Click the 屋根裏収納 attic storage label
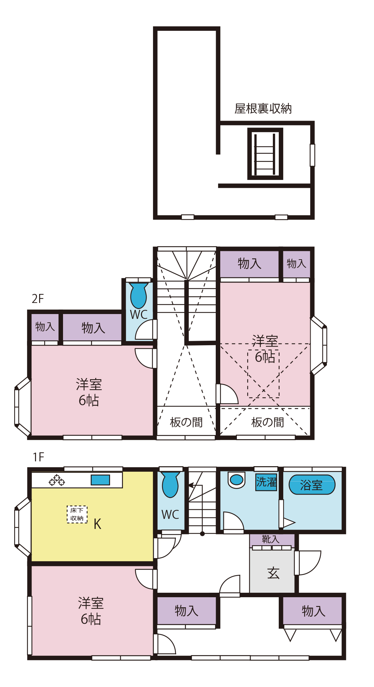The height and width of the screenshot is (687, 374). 263,109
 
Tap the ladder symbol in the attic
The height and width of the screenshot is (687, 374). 265,154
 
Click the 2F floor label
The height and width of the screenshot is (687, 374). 37,298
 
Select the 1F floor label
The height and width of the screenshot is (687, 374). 38,457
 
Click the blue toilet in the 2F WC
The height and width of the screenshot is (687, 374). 139,295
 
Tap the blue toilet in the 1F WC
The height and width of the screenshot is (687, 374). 170,484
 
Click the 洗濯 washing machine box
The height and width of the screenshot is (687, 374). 266,482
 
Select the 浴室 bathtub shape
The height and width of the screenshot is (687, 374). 312,485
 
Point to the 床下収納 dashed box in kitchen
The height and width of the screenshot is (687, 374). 77,514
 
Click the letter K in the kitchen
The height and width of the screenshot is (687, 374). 97,524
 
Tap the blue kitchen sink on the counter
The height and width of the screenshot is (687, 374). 100,480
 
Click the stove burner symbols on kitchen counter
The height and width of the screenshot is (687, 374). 57,480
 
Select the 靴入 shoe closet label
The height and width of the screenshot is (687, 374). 270,539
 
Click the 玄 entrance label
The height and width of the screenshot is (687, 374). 273,573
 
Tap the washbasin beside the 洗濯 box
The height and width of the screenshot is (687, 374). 237,480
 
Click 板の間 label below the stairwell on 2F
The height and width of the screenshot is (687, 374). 186,423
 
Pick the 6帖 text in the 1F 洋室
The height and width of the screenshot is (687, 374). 91,619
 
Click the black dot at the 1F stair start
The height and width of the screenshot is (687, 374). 203,534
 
